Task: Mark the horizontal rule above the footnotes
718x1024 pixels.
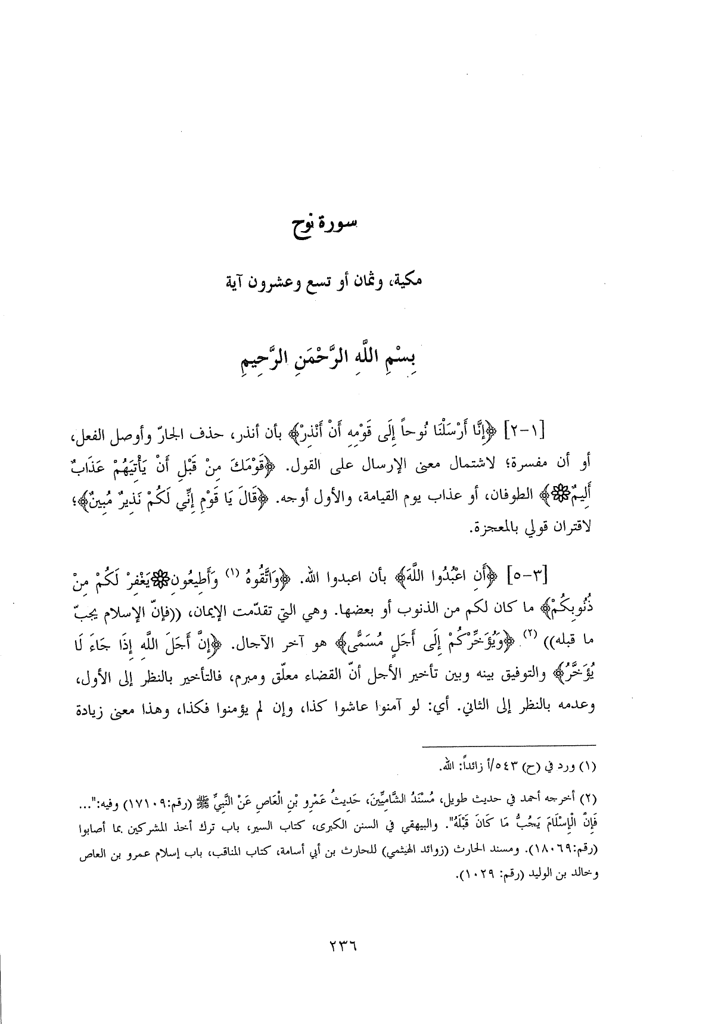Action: [x=509, y=745]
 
